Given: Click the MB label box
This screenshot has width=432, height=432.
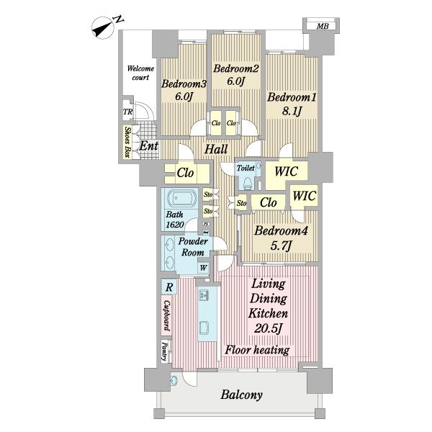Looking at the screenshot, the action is click(321, 26).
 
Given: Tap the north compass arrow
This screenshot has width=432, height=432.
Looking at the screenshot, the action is click(102, 28).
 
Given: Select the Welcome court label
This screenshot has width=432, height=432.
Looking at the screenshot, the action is click(140, 73).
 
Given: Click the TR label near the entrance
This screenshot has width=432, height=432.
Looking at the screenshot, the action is click(127, 112).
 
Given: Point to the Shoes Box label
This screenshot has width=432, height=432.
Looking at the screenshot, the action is click(127, 142).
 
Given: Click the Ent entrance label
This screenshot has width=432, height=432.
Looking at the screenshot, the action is click(149, 146).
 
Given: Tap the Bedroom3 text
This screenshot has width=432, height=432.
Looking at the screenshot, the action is click(184, 84).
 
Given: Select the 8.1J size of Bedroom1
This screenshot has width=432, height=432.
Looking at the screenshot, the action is click(292, 111).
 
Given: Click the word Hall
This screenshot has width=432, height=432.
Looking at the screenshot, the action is click(216, 149).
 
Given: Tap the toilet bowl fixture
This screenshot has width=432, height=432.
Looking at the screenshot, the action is click(248, 183).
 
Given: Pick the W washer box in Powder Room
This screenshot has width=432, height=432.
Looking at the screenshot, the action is click(203, 268).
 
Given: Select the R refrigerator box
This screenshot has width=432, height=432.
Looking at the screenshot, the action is click(169, 287).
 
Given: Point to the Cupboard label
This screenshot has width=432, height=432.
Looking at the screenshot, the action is click(167, 315).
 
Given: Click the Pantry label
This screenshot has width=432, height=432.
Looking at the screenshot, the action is click(165, 351).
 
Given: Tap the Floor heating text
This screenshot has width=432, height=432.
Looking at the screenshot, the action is click(257, 350).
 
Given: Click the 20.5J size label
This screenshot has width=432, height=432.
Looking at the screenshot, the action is click(268, 329).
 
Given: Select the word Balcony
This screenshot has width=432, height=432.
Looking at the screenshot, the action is click(241, 395).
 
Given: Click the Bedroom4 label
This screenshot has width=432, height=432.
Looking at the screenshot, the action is click(281, 231).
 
